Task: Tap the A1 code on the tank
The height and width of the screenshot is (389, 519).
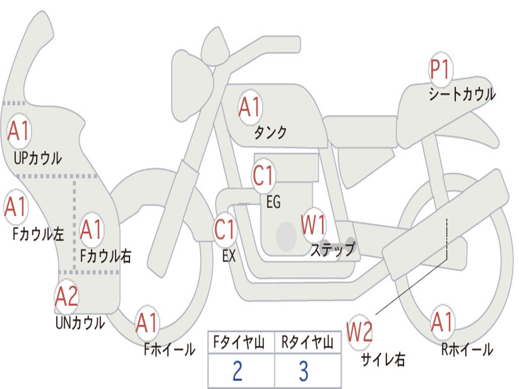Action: [x=249, y=107]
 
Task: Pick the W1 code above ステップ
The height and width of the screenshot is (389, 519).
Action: [x=314, y=225]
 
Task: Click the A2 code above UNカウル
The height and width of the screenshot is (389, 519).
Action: [x=67, y=297]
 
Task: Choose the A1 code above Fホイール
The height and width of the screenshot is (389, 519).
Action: [x=147, y=323]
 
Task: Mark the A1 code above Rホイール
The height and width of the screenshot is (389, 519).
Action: [x=442, y=322]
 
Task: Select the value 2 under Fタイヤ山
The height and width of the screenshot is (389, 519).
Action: [x=238, y=371]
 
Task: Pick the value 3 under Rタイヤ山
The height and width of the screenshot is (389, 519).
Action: [x=304, y=371]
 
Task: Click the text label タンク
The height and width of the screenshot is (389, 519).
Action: [x=270, y=133]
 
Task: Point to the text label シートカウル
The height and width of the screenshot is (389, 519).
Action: [x=462, y=95]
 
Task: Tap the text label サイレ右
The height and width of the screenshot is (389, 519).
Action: [x=383, y=360]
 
